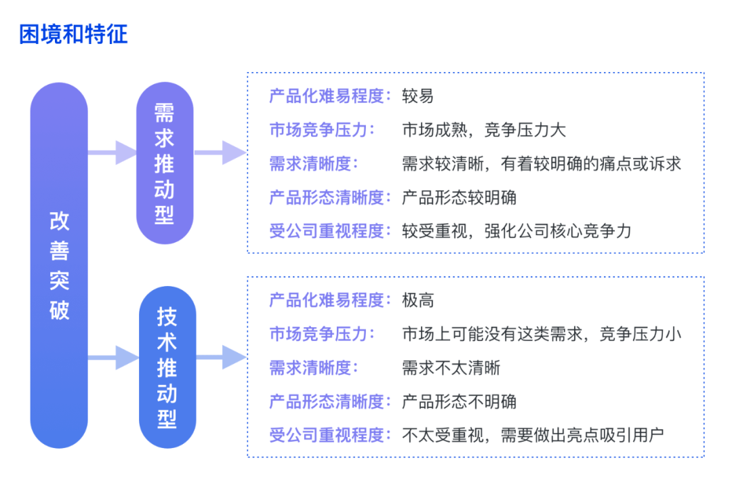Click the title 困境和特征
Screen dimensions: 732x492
pos(73,34)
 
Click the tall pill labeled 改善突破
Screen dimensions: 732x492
pos(59,265)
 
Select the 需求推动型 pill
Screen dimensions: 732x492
pos(165,163)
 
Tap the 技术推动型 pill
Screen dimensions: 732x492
pos(167,367)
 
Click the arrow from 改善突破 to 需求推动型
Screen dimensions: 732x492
pos(112,152)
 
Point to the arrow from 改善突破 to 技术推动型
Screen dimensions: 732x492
pos(113,358)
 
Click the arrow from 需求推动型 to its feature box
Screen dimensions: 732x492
pos(220,152)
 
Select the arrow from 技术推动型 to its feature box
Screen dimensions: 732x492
pos(221,358)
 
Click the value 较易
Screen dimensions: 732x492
pos(418,96)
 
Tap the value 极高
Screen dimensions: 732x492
pos(418,300)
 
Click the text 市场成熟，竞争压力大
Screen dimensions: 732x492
pos(484,129)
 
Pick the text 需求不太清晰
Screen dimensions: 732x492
pos(451,368)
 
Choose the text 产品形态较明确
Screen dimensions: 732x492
pos(459,197)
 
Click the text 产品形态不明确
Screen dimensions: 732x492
pos(459,401)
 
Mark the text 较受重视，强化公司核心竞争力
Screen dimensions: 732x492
pos(516,231)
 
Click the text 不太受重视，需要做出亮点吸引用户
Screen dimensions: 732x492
pos(533,435)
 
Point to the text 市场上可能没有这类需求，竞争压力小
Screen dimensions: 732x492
pos(542,333)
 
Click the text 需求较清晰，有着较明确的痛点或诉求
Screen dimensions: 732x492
pos(542,164)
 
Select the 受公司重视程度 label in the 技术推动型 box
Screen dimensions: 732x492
pos(327,435)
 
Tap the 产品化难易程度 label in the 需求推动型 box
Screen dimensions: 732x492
pos(327,96)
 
